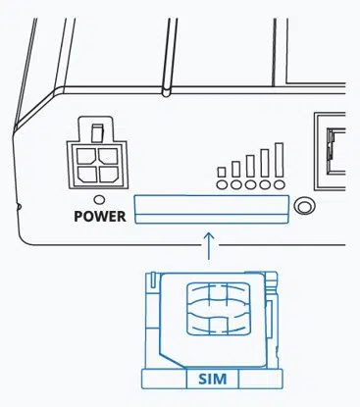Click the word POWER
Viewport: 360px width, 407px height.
tap(100, 217)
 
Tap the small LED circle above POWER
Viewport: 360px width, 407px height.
tap(99, 199)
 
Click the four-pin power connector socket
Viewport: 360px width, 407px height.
tap(97, 153)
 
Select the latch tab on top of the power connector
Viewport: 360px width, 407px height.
tap(97, 133)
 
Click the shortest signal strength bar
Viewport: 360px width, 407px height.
tap(222, 172)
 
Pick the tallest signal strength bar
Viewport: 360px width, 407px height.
tap(279, 160)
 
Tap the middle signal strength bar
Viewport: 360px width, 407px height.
tap(250, 166)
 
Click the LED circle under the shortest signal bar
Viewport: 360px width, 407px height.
tap(222, 185)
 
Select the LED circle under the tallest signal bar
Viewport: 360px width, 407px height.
tap(280, 185)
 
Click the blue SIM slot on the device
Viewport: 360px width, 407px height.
tap(212, 209)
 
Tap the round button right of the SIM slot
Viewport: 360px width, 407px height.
tap(305, 206)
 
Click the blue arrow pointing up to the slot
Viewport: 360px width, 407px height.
tap(209, 246)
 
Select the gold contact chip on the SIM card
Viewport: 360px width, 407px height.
tap(218, 308)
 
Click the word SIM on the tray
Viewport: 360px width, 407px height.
tap(213, 379)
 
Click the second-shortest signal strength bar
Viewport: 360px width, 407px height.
tap(236, 169)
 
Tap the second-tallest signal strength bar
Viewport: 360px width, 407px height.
tap(265, 163)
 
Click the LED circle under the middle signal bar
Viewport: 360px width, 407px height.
tap(250, 185)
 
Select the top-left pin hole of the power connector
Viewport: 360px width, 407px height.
tap(86, 156)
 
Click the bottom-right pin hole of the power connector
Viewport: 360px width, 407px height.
tap(108, 174)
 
